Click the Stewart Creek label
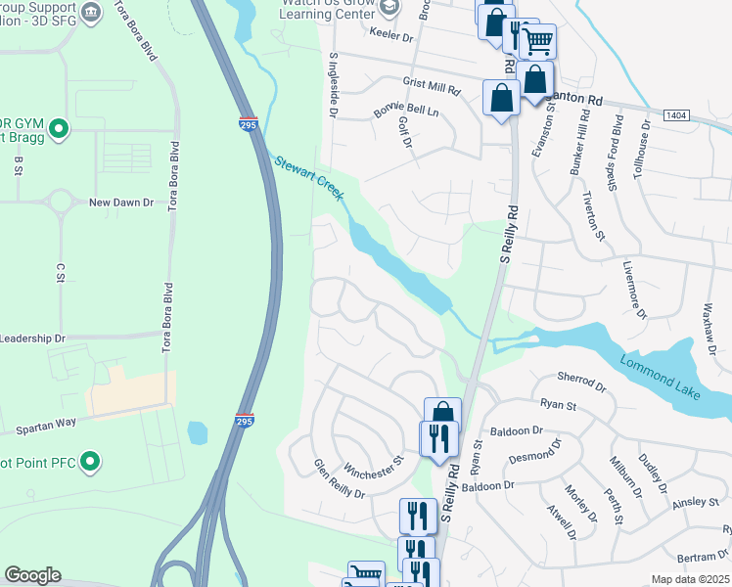(309, 178)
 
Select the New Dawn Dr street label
(121, 203)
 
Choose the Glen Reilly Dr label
(339, 479)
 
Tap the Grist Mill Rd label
(431, 86)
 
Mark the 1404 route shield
(675, 115)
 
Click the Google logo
(32, 575)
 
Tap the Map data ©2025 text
(690, 579)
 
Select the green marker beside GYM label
(58, 127)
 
